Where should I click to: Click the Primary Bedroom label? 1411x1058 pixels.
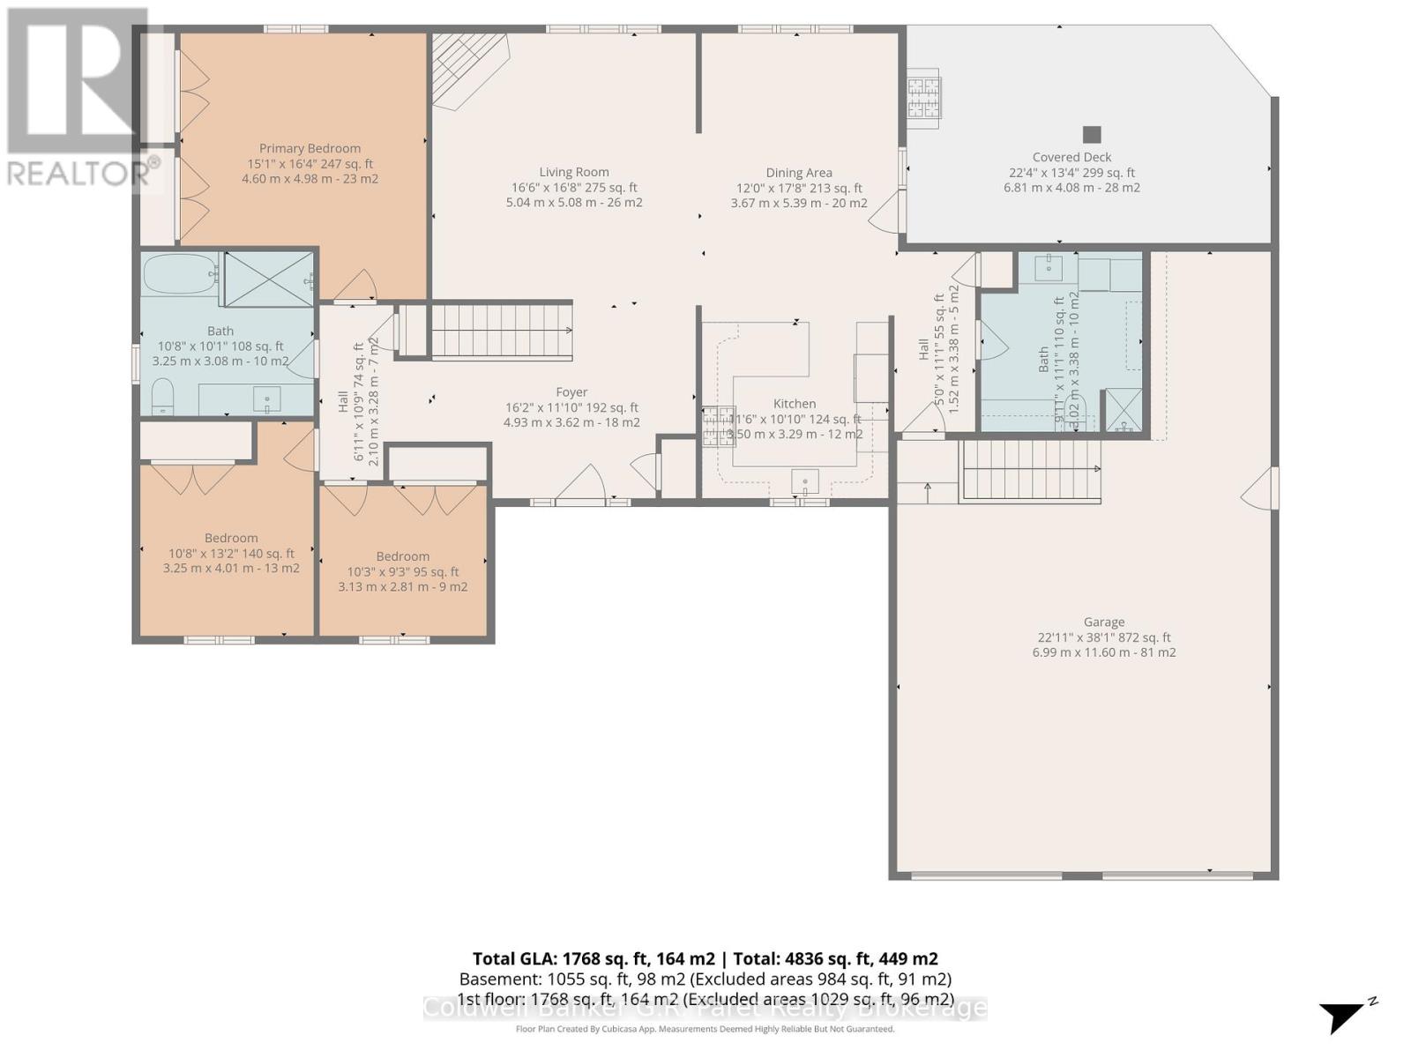coord(310,149)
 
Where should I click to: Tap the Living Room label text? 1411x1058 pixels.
coord(574,173)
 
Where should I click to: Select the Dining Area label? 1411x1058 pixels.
coord(798,174)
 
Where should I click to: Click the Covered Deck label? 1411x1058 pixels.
coord(1071,158)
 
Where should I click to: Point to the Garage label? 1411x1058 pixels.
coord(1104,622)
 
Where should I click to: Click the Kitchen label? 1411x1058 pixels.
coord(795,404)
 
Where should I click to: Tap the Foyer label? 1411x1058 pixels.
coord(571,392)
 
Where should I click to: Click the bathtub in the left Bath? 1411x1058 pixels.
coord(181,274)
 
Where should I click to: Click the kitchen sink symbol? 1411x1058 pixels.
coord(804,482)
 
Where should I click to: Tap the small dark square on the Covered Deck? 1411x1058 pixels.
coord(1092,135)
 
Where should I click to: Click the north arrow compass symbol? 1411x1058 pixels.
coord(1344,1017)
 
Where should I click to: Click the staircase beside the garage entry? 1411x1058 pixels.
coord(1030,471)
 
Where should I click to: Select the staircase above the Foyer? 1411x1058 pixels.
coord(501,331)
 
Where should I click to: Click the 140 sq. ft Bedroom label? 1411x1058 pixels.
coord(231,539)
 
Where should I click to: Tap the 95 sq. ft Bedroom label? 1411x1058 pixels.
coord(402,556)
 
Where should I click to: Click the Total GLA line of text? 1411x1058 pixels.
coord(705,958)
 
